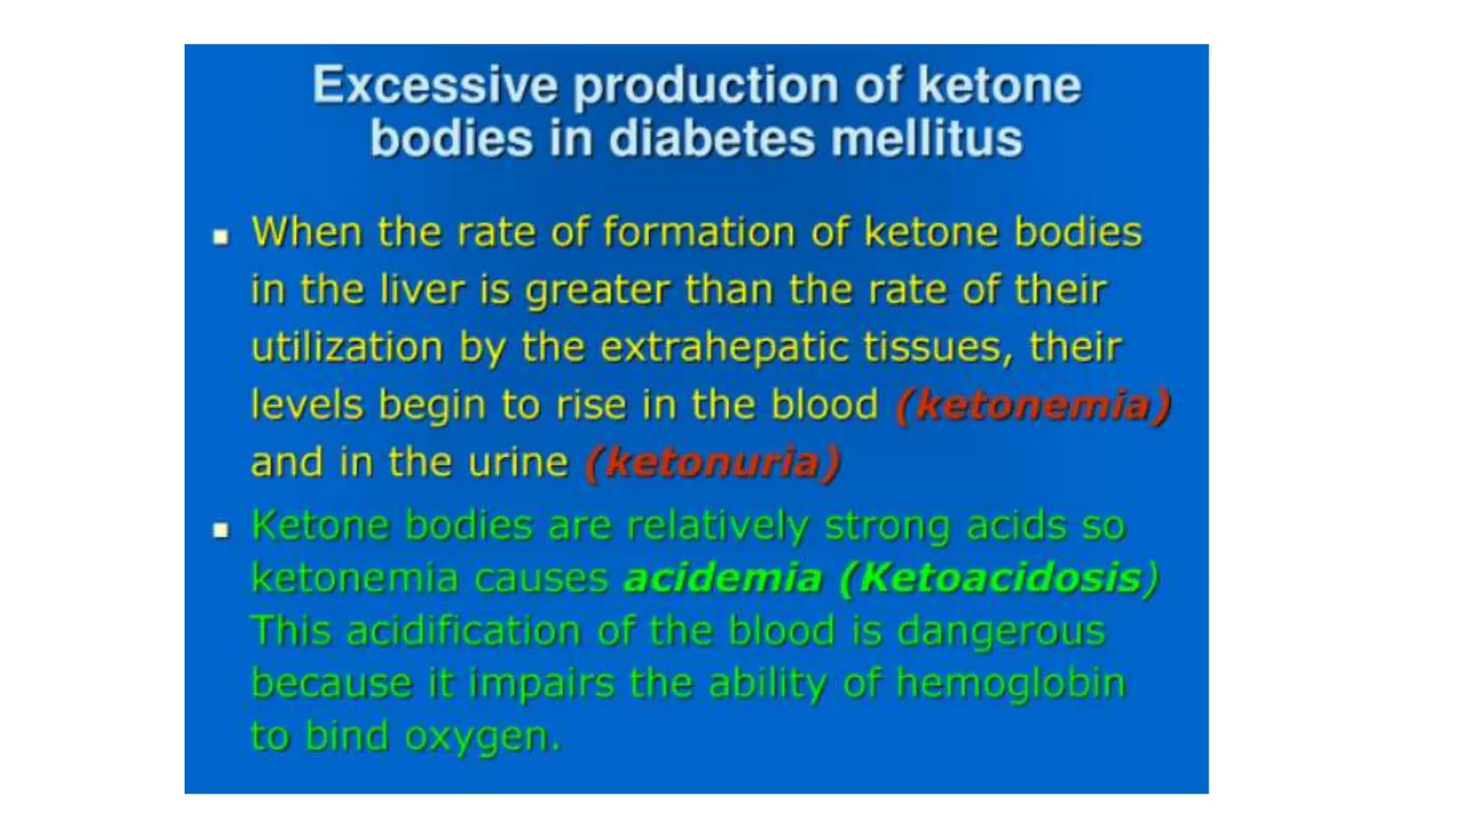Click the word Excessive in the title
coord(435,86)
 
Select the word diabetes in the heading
coord(712,139)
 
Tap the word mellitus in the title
coord(926,139)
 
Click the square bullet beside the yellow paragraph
coord(221,236)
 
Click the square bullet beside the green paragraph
coord(221,530)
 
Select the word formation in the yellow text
coord(698,233)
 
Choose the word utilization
coord(347,348)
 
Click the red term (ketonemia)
coord(1033,405)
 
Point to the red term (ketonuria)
coord(712,462)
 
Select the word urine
coord(517,462)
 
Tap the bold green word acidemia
coord(722,578)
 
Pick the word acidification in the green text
coord(464,631)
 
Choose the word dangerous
coord(1000,631)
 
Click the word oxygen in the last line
coord(482,737)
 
